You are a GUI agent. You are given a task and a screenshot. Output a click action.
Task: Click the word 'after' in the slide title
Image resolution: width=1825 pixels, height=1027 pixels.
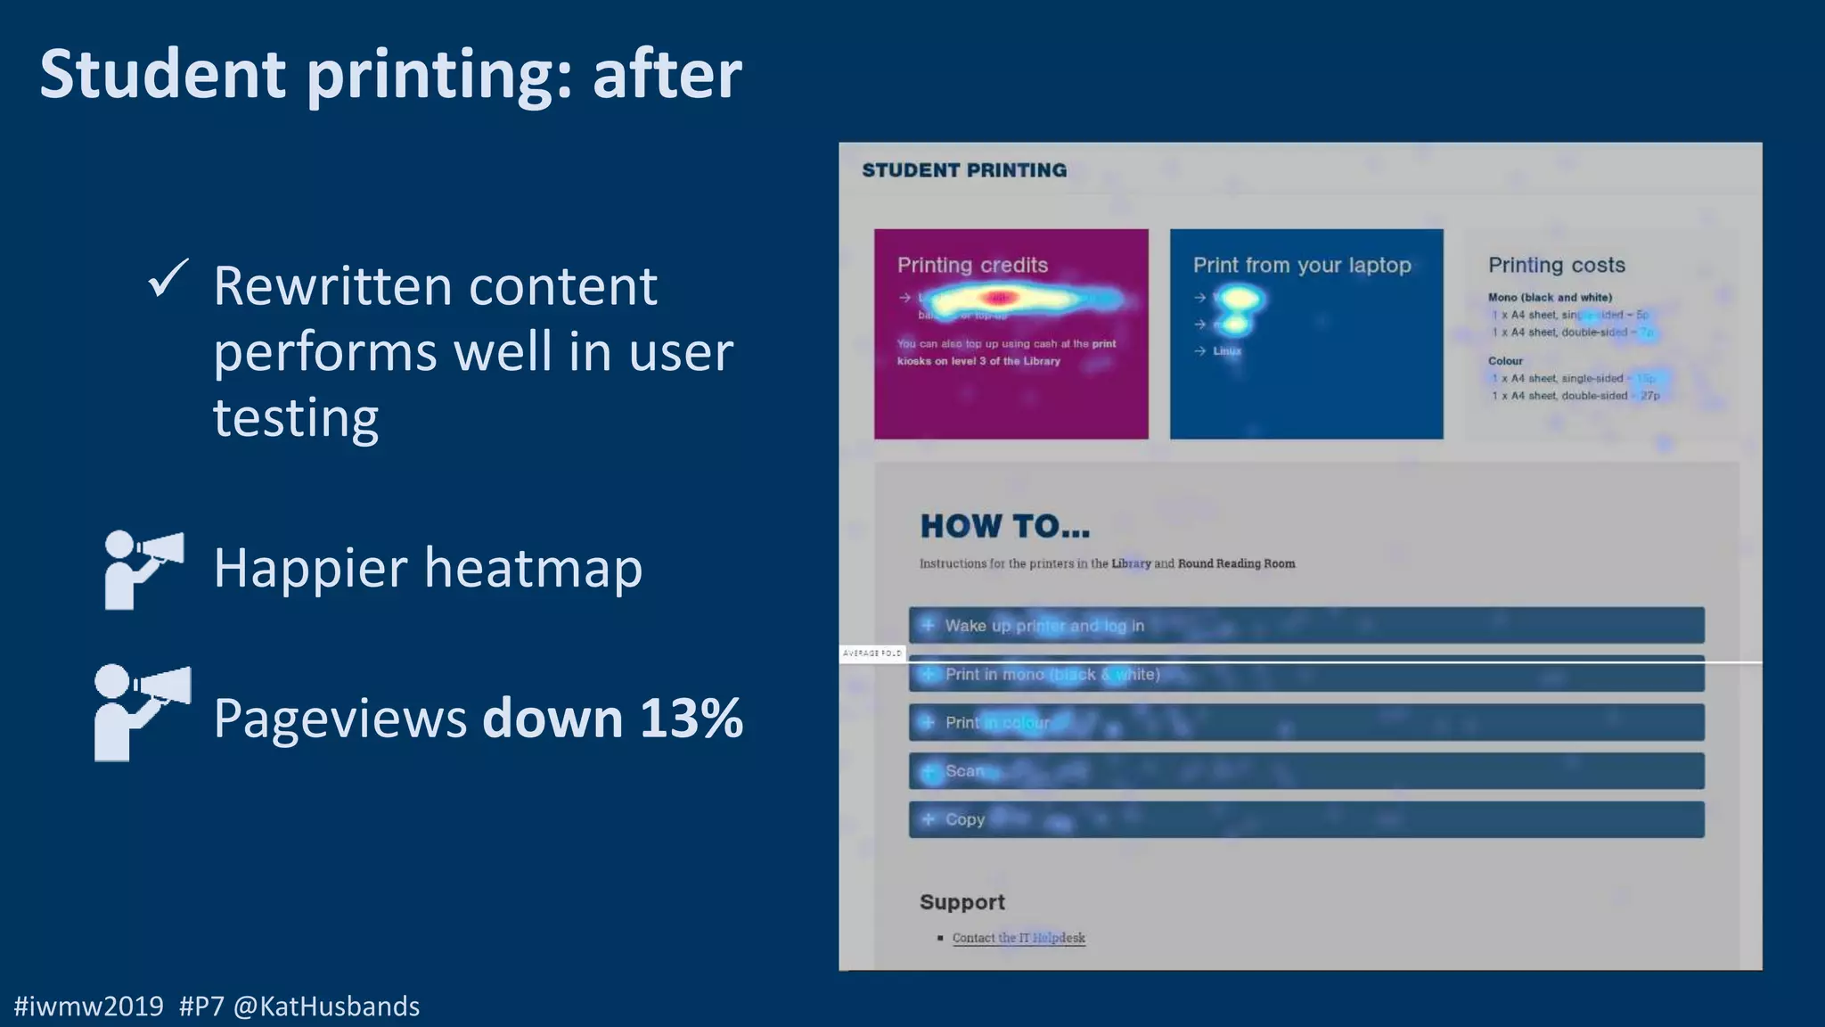coord(667,74)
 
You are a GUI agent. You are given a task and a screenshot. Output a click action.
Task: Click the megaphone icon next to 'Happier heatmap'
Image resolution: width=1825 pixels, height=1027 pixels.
coord(143,569)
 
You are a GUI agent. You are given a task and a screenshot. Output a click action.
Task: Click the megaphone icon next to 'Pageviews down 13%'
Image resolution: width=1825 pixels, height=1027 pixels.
coord(142,712)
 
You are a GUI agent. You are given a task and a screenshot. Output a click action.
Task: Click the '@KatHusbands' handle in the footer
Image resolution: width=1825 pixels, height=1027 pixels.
coord(326,1006)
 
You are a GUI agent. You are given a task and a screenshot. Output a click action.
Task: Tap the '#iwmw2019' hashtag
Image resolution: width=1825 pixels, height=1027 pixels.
coord(89,1006)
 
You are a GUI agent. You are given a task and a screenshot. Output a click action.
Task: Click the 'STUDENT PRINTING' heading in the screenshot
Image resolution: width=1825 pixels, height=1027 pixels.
coord(964,170)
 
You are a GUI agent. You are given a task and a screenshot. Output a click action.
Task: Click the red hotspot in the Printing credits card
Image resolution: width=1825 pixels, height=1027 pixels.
coord(997,298)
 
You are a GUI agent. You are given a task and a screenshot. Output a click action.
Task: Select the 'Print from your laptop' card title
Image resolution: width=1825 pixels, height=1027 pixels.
coord(1302,265)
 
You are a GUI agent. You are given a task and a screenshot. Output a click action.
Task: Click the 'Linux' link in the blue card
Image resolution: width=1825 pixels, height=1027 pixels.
coord(1227,351)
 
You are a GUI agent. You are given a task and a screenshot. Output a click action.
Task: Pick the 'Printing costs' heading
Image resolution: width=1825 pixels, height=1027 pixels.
coord(1556,265)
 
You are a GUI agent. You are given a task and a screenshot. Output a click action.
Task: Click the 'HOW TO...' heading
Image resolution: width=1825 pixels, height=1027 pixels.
coord(1005,526)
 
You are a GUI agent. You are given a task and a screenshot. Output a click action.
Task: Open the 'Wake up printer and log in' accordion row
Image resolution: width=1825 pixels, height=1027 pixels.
coord(1044,626)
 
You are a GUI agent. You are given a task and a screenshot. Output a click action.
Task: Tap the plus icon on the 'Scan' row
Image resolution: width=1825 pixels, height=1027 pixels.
coord(929,771)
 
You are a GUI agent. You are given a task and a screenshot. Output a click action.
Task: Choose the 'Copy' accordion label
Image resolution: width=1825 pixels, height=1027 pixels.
coord(965,819)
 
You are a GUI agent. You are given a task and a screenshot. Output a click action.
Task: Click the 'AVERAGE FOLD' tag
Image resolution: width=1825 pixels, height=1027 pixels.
coord(872,653)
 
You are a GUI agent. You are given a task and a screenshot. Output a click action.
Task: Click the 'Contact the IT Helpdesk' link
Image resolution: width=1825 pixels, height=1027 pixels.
coord(1019,938)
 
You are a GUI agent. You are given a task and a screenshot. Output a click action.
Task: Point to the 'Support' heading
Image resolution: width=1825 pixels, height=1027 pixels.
coord(962,902)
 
